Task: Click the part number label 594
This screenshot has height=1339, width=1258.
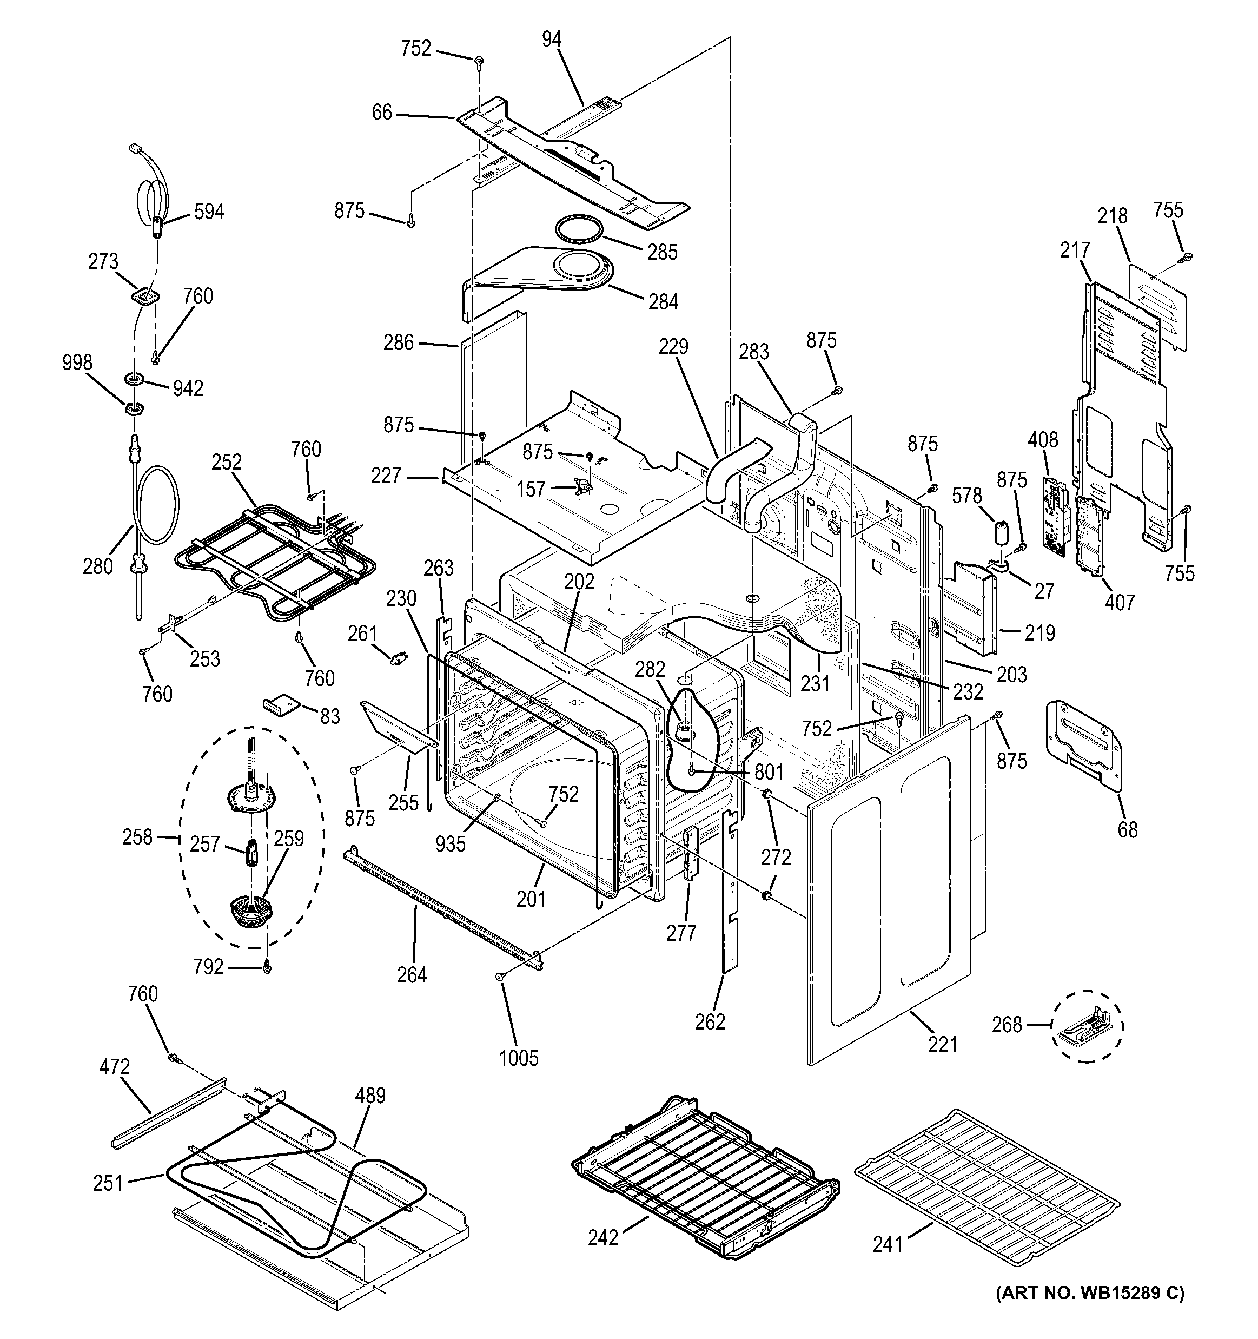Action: (x=209, y=212)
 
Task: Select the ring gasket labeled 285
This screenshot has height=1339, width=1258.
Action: (x=580, y=227)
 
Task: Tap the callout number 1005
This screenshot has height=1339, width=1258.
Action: (x=519, y=1058)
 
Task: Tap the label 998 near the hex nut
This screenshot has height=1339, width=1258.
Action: (x=77, y=363)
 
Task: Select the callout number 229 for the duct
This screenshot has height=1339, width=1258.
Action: (x=673, y=346)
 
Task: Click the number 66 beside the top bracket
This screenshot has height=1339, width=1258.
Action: (x=382, y=113)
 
